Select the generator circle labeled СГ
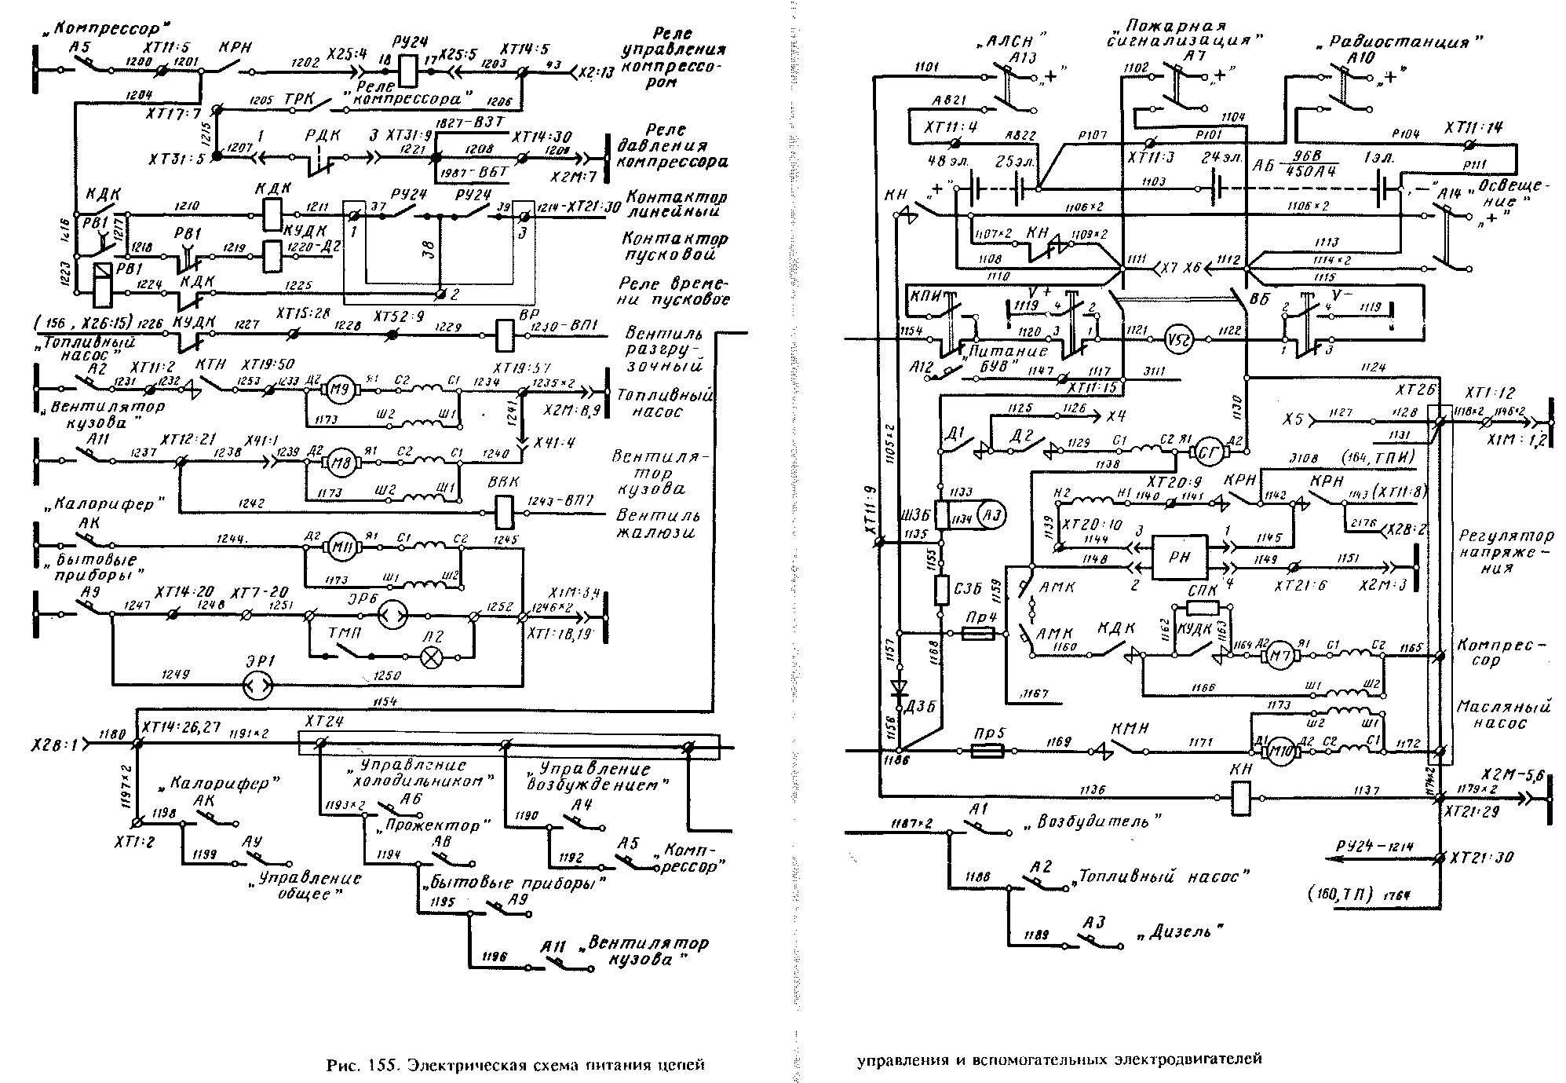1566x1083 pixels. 1205,452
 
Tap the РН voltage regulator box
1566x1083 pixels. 1179,556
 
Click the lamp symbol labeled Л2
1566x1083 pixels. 431,657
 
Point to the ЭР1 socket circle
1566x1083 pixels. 257,686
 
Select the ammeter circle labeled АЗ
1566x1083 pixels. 991,515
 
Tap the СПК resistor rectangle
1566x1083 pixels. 1202,609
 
